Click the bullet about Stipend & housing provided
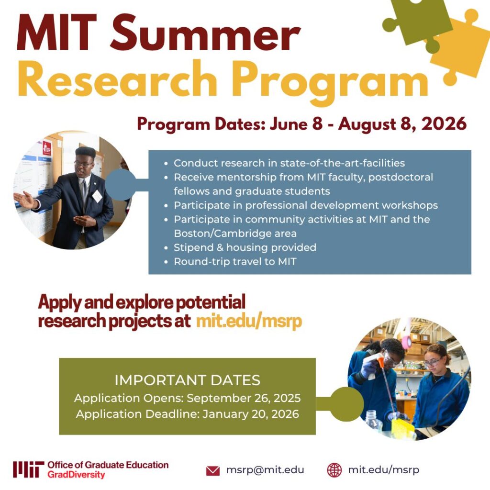pos(245,247)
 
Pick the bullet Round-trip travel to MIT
pos(235,262)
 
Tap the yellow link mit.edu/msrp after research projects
pos(249,322)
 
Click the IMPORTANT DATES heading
pos(187,380)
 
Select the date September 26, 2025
pos(244,399)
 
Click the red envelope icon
pos(212,471)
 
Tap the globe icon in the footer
pos(334,470)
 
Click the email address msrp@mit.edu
pos(265,470)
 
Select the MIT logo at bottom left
pos(29,469)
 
